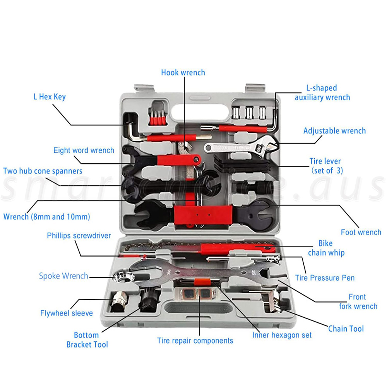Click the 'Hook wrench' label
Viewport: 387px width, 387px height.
click(183, 72)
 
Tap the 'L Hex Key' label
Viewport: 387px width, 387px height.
click(49, 97)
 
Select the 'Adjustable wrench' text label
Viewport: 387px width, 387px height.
click(334, 131)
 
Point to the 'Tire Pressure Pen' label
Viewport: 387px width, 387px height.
click(325, 277)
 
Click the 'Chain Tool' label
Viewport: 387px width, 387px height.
click(346, 329)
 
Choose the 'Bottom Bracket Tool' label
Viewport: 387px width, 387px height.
click(87, 339)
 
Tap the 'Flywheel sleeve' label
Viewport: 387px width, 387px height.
click(67, 313)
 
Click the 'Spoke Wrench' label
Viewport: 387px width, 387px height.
click(63, 276)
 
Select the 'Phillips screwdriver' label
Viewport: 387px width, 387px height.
click(79, 235)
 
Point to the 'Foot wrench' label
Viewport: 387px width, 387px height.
click(361, 232)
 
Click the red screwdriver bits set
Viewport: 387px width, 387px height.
click(158, 116)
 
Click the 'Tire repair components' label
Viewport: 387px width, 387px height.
click(195, 341)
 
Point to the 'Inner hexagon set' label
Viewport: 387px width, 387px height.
click(282, 335)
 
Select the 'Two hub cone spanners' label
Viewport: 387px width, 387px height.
click(43, 171)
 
